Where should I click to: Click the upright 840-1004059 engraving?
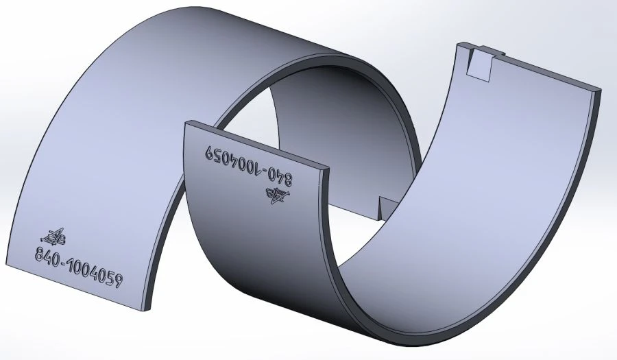78,268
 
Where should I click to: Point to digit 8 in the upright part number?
40,256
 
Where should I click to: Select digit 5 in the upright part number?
108,277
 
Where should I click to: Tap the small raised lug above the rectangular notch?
488,49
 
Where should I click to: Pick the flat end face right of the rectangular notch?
548,72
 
